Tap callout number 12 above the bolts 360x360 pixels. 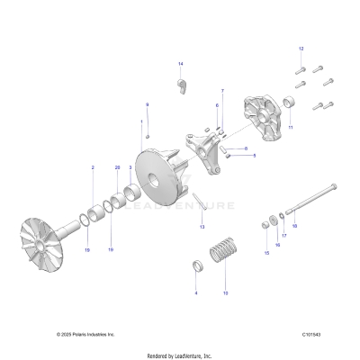pyautogui.click(x=301, y=48)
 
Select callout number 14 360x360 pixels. pyautogui.click(x=180, y=64)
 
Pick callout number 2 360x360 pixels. pyautogui.click(x=91, y=168)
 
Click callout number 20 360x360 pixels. pyautogui.click(x=116, y=168)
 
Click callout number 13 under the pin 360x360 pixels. pyautogui.click(x=202, y=227)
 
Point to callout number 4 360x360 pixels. pyautogui.click(x=196, y=292)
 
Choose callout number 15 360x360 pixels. pyautogui.click(x=266, y=253)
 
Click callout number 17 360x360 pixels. pyautogui.click(x=284, y=237)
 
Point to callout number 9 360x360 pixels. pyautogui.click(x=148, y=104)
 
